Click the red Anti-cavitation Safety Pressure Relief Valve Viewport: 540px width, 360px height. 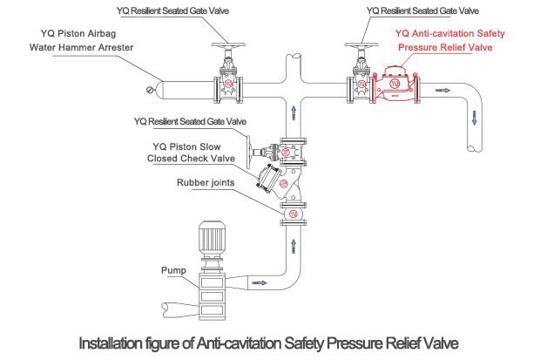point(395,87)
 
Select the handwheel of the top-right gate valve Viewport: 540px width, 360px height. point(358,45)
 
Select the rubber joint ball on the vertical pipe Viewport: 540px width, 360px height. point(294,214)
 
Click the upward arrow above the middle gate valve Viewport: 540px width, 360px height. point(294,112)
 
